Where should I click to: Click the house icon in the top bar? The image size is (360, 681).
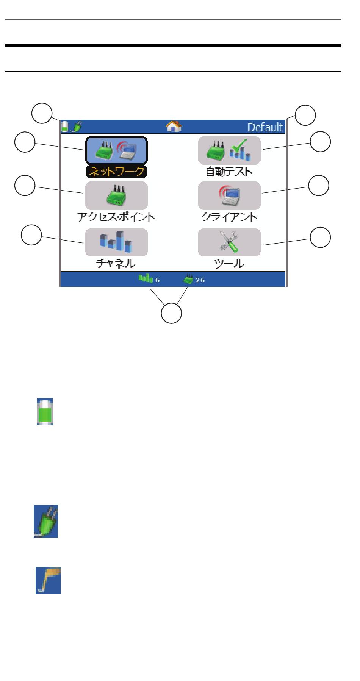[x=174, y=127]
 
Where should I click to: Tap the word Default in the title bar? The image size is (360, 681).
[x=265, y=127]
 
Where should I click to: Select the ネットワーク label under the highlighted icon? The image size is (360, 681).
[x=116, y=172]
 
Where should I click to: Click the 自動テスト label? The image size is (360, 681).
[x=229, y=172]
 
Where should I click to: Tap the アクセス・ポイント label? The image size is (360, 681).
[x=116, y=217]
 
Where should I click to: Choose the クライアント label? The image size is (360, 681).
[x=230, y=217]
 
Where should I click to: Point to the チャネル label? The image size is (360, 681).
[x=116, y=263]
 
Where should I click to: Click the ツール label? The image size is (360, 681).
[x=229, y=263]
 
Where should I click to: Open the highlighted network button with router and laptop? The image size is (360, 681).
[x=116, y=150]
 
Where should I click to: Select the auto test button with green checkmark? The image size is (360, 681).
[x=229, y=150]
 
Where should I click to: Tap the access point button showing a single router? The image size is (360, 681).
[x=116, y=196]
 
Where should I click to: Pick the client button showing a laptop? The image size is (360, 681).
[x=229, y=196]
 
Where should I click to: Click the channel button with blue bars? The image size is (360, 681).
[x=116, y=242]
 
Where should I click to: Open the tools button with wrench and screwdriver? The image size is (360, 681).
[x=229, y=242]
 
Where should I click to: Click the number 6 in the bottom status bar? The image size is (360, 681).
[x=157, y=280]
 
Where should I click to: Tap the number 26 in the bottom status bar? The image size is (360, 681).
[x=200, y=280]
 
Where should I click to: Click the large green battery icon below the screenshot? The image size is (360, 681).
[x=45, y=411]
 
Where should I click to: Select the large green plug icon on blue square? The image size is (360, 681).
[x=46, y=521]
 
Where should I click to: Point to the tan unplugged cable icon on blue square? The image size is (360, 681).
[x=48, y=580]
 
